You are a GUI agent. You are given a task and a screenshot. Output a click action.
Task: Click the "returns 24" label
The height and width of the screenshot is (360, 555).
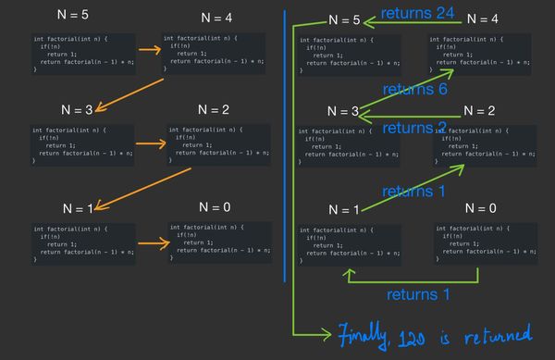click(x=413, y=15)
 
